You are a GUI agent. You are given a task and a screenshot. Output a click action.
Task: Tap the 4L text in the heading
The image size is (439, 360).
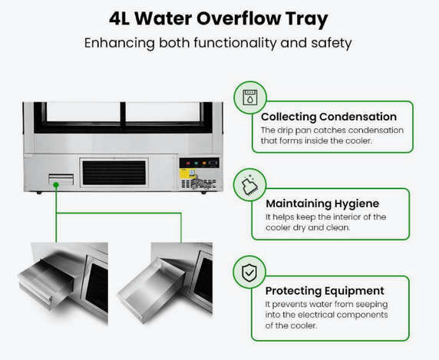click(x=119, y=18)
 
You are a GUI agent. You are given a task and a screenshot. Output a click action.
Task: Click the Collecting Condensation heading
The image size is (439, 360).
click(x=328, y=117)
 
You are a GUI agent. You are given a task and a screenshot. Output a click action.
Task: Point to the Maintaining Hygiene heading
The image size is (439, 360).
click(x=322, y=203)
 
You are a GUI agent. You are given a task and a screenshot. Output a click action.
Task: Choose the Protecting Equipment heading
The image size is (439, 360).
click(x=325, y=291)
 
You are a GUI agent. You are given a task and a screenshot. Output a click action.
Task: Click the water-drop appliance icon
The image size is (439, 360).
click(x=250, y=97)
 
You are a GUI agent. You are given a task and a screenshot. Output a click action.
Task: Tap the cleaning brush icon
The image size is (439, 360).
click(x=249, y=184)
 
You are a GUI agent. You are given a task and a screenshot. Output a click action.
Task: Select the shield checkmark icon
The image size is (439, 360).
click(x=249, y=272)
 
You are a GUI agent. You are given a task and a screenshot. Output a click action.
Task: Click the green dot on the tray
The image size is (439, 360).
click(x=56, y=185)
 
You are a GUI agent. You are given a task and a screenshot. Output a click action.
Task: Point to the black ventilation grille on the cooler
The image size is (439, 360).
click(x=114, y=173)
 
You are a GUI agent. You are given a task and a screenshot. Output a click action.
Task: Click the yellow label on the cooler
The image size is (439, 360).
click(x=186, y=173)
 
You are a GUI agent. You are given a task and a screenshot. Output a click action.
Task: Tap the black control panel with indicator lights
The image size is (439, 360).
click(x=199, y=163)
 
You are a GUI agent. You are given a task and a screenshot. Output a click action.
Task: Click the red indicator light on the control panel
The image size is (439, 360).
click(x=188, y=163)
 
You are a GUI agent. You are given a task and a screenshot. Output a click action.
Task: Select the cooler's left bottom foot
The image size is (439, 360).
click(x=39, y=193)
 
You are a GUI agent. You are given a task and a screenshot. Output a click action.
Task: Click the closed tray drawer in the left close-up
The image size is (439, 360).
click(x=47, y=283)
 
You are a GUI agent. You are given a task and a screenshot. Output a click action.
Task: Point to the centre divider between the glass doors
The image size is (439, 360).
click(x=123, y=116)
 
